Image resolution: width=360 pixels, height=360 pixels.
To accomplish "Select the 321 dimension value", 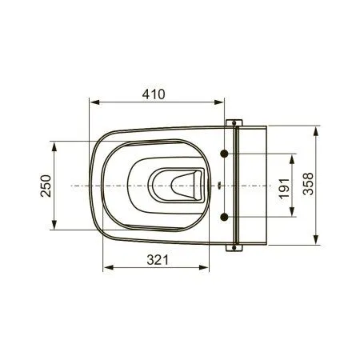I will click(x=160, y=258).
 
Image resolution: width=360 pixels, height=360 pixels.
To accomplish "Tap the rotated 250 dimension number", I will click(x=45, y=187).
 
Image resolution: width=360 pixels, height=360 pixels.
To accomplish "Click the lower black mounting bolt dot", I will click(x=226, y=217).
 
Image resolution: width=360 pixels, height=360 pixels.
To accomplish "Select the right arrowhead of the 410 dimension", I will click(x=225, y=102).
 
